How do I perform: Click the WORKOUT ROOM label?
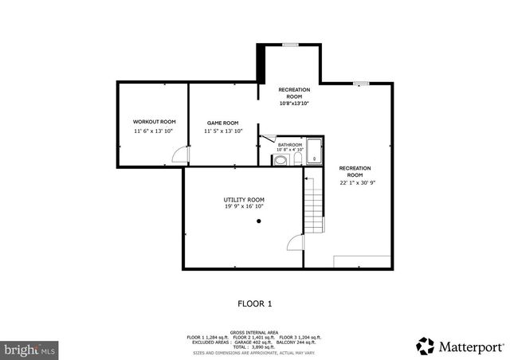[154, 121]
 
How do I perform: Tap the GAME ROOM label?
[222, 123]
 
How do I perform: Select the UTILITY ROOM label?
[244, 199]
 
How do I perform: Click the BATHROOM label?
[290, 144]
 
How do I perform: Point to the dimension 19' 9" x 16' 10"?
[244, 206]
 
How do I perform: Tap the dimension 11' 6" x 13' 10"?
[154, 131]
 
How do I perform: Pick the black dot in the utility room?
[259, 221]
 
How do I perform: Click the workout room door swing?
[181, 156]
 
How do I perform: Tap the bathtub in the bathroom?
[314, 151]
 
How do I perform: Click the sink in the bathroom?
[280, 160]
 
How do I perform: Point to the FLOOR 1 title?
[255, 303]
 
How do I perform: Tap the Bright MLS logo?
[29, 349]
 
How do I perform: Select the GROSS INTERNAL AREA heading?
[255, 332]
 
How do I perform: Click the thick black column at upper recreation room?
[260, 63]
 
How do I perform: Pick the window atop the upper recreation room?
[291, 44]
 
